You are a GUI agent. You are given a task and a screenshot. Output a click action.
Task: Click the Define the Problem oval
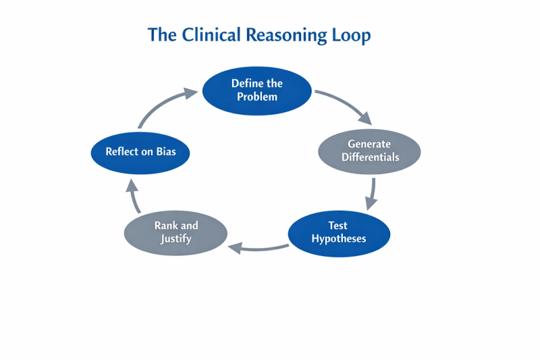(x=257, y=90)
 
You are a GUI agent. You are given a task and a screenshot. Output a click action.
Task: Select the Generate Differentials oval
(x=369, y=151)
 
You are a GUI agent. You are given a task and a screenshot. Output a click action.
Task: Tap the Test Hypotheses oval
(x=339, y=232)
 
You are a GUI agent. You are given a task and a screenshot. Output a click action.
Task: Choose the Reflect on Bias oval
(x=140, y=152)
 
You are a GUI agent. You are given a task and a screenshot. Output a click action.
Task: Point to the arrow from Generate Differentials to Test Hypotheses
(x=371, y=192)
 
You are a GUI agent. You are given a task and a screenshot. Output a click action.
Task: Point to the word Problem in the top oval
(x=257, y=96)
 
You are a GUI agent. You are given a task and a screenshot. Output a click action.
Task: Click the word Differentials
(x=370, y=157)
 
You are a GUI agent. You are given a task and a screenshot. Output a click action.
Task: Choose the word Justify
(x=175, y=238)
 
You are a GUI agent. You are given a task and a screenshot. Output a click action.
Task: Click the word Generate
(x=369, y=144)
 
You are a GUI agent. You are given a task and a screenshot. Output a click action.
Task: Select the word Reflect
(x=123, y=152)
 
